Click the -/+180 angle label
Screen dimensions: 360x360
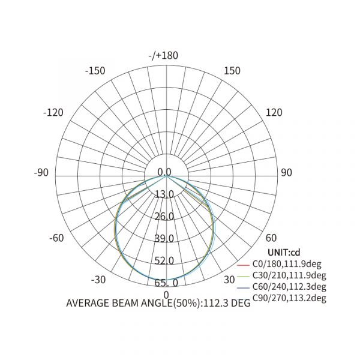pyautogui.click(x=163, y=56)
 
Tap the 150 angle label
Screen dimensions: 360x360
pyautogui.click(x=232, y=71)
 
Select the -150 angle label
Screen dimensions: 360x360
pyautogui.click(x=95, y=71)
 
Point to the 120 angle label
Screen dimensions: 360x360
pyautogui.click(x=274, y=113)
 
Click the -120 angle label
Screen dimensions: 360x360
pyautogui.click(x=53, y=113)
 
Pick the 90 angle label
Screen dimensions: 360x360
pyautogui.click(x=287, y=172)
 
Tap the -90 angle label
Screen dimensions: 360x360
pyautogui.click(x=41, y=172)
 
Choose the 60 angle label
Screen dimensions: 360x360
pyautogui.click(x=271, y=238)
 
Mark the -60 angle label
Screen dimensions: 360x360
pyautogui.click(x=56, y=238)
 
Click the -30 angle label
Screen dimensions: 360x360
pyautogui.click(x=98, y=280)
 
